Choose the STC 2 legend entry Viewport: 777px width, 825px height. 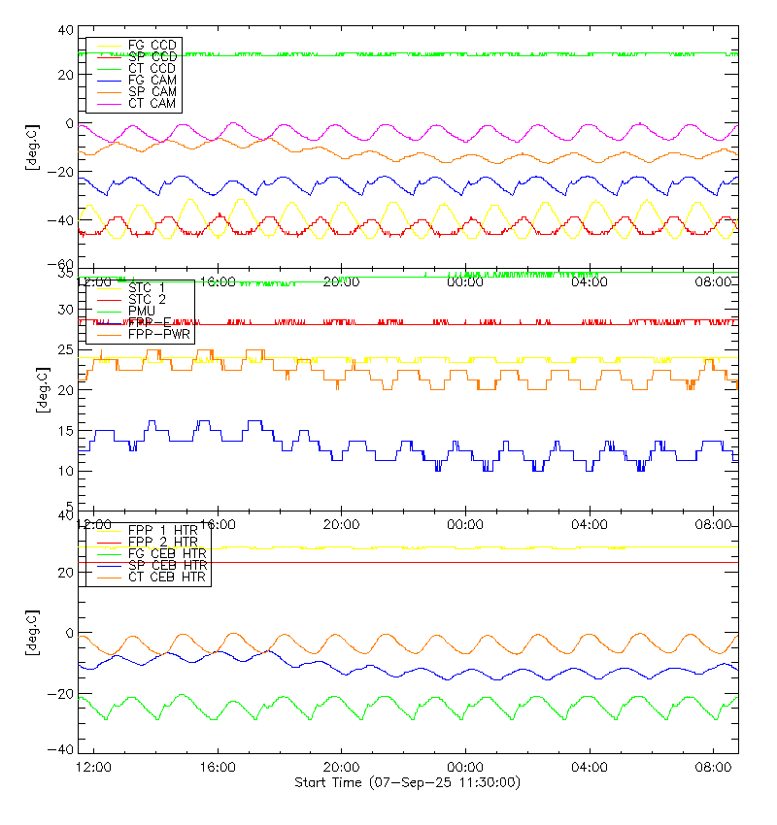pos(148,299)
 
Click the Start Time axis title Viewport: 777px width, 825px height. pos(407,782)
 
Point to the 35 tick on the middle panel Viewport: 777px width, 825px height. pos(66,275)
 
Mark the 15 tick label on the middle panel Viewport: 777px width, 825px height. pos(66,431)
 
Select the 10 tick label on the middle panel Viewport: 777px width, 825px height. pos(66,471)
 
